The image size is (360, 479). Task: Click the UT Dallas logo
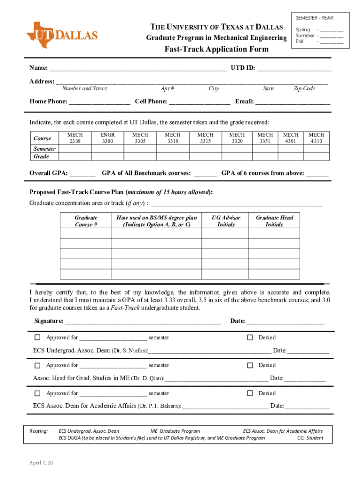62,35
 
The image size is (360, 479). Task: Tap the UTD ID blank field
294,68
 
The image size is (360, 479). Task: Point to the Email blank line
293,102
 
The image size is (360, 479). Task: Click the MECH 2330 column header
75,138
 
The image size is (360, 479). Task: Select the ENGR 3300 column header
108,138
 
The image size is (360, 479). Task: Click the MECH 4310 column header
316,138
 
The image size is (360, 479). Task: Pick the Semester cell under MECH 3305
140,149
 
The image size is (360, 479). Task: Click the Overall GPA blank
82,174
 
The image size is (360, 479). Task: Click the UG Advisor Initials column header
226,221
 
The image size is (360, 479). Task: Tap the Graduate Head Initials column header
274,221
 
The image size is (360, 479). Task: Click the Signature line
143,321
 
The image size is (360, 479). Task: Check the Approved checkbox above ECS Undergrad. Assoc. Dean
37,337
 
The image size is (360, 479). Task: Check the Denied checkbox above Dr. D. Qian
250,365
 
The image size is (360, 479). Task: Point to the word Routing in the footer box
38,431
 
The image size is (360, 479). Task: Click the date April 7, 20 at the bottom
41,463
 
